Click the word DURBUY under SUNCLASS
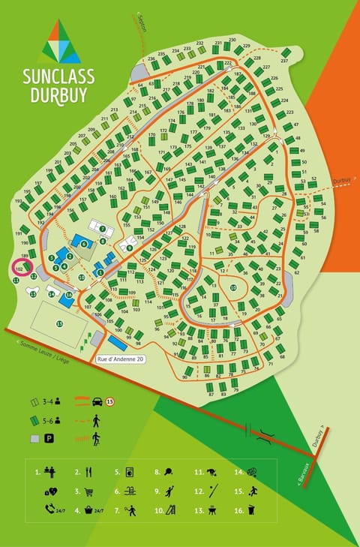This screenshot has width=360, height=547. (x=59, y=95)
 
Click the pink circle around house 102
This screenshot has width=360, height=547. (x=18, y=267)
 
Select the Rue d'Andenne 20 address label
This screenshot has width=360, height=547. (x=120, y=359)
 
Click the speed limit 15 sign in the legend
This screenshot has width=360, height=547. (x=110, y=401)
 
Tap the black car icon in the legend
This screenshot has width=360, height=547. (x=97, y=401)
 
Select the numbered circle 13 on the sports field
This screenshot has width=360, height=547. (x=59, y=323)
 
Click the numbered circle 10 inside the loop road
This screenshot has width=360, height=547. (x=233, y=287)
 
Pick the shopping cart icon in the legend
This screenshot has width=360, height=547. (x=91, y=492)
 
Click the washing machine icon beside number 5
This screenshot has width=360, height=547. (x=130, y=473)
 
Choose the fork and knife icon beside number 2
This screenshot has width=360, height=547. (x=90, y=473)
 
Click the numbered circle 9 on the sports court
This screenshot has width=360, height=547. (x=129, y=247)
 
